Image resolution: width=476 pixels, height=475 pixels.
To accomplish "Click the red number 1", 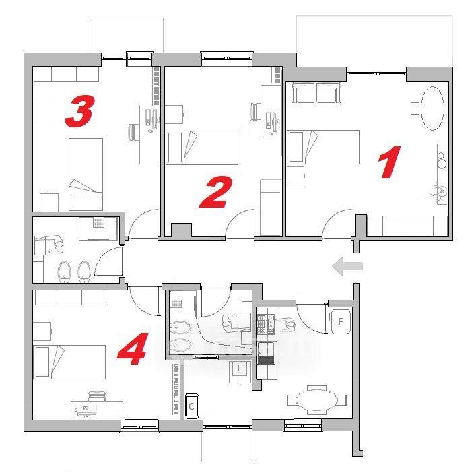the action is point(389,162).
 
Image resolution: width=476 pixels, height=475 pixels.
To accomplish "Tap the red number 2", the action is point(216,192).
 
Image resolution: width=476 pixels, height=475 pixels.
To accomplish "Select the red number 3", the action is point(79,111).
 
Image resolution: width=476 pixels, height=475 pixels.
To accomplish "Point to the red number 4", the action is point(133,348).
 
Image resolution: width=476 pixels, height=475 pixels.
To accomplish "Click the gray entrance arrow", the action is point(347,266).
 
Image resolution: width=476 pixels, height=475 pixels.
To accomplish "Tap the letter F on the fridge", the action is point(340,321).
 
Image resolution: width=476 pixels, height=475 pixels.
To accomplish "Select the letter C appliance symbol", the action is point(192,406).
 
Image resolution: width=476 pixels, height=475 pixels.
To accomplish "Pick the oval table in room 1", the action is point(433,108).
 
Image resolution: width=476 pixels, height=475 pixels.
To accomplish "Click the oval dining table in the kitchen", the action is point(316,400).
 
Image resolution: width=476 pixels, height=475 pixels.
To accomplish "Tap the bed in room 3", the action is point(86,174).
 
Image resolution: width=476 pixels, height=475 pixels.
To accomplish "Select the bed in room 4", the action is point(69,362).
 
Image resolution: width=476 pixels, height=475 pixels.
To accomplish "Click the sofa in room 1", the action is point(316,92).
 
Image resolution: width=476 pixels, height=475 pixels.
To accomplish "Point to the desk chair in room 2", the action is point(255,111).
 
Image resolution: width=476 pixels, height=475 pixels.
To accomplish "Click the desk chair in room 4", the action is point(97,397).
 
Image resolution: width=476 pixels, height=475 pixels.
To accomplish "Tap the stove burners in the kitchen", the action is point(266,324).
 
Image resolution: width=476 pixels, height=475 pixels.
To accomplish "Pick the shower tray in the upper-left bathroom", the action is point(99,228).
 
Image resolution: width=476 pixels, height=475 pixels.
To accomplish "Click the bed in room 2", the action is point(202,148).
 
